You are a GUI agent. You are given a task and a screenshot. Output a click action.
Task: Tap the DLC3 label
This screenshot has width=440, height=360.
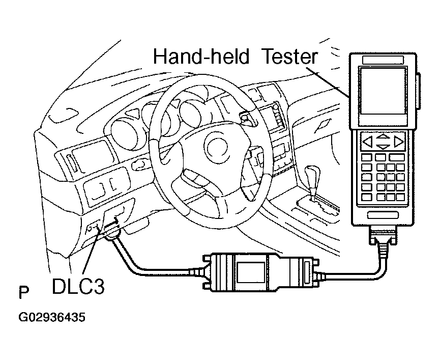[78, 286]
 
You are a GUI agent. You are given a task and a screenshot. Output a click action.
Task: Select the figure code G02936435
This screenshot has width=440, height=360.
[51, 318]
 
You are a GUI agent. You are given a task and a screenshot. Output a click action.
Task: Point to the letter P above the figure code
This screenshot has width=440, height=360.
[23, 294]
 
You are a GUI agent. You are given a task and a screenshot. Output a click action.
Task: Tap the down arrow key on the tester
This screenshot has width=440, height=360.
[382, 147]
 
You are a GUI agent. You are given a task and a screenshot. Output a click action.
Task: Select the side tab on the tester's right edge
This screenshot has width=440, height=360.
[418, 92]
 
